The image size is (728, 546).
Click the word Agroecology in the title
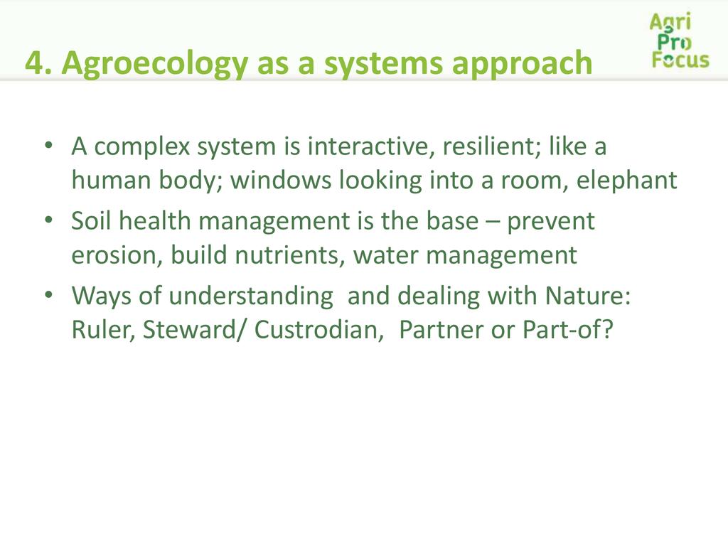click(154, 63)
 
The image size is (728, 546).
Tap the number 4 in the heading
click(35, 63)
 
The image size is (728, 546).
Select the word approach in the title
click(523, 63)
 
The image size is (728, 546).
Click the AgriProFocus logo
click(680, 41)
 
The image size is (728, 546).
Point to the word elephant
click(627, 180)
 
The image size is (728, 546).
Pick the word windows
click(280, 180)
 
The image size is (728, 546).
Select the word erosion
click(114, 255)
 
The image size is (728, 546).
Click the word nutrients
click(287, 255)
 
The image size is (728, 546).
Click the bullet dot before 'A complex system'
click(49, 146)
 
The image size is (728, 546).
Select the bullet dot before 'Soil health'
click(49, 220)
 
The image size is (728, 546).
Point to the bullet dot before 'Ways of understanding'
click(49, 295)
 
